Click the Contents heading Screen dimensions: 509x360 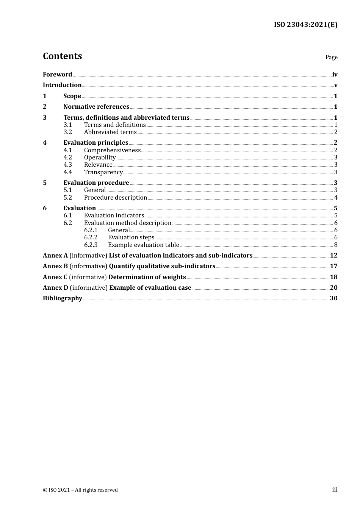(62, 56)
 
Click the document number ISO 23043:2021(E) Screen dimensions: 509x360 (305, 25)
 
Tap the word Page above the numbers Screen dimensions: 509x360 (331, 57)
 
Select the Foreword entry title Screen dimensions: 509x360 (57, 74)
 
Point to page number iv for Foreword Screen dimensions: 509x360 (335, 74)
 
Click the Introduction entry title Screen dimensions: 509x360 (62, 85)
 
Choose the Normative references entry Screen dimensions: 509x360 (96, 106)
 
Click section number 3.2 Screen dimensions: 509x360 (68, 132)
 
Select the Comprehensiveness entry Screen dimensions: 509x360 (112, 150)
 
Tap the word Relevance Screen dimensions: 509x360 (98, 164)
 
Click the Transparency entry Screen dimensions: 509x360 (103, 172)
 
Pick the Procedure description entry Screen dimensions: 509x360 (115, 197)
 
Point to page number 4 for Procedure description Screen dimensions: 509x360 (336, 197)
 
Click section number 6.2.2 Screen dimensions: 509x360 (91, 237)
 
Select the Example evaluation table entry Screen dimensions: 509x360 (143, 245)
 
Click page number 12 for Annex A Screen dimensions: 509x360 (333, 255)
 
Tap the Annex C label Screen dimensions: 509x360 (55, 277)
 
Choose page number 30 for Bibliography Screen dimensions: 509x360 (333, 298)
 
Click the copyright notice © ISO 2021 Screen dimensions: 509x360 (80, 490)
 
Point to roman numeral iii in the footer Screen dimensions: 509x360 (335, 489)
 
